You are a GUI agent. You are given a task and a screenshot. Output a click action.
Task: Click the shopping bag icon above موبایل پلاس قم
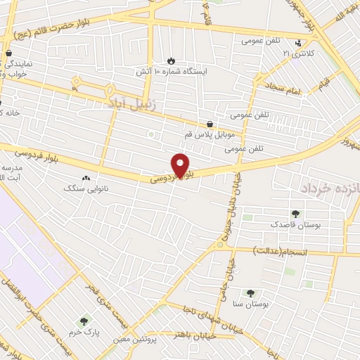pos(210,124)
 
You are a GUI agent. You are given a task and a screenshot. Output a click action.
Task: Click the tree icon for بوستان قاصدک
pos(295,214)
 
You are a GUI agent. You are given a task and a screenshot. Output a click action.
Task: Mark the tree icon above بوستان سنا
pos(250,293)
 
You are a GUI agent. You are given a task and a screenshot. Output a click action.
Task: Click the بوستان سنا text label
pos(250,304)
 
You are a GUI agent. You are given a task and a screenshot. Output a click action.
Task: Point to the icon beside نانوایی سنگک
pos(86,179)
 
